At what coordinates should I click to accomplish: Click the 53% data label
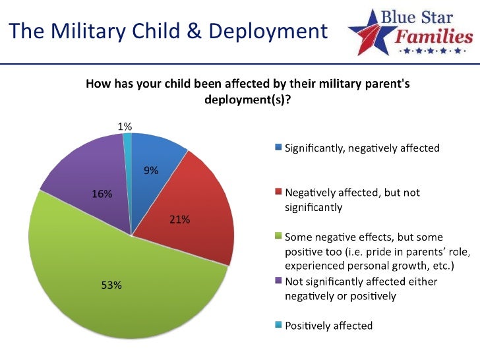pos(111,285)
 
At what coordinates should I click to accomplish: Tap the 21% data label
pos(179,220)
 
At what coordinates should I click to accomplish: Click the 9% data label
pos(151,171)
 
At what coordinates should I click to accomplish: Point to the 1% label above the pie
pos(125,125)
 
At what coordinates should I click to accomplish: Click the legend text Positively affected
pos(328,326)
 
